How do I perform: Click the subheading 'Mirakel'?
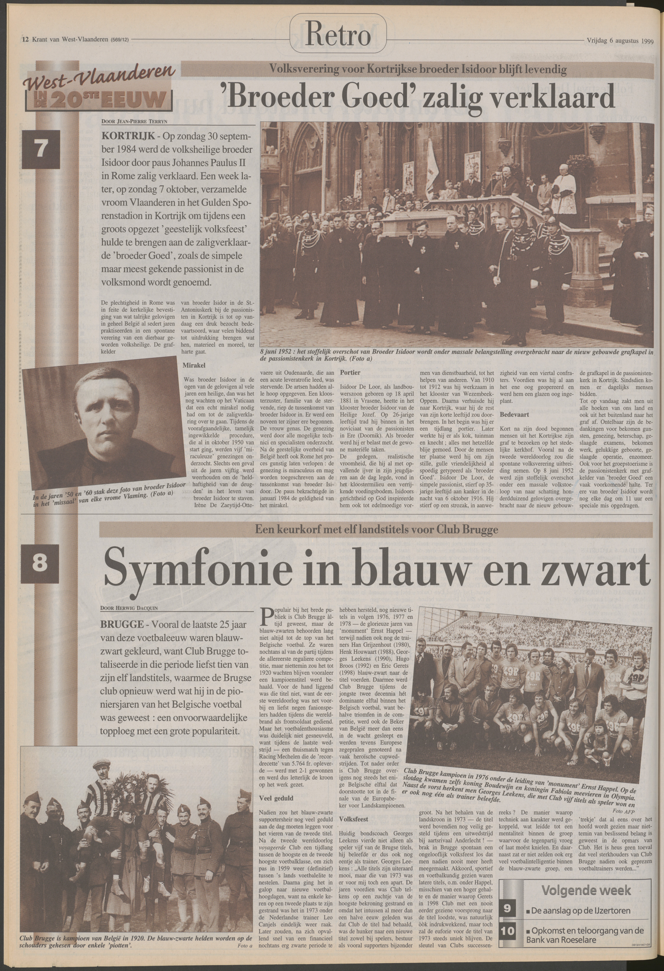point(193,365)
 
